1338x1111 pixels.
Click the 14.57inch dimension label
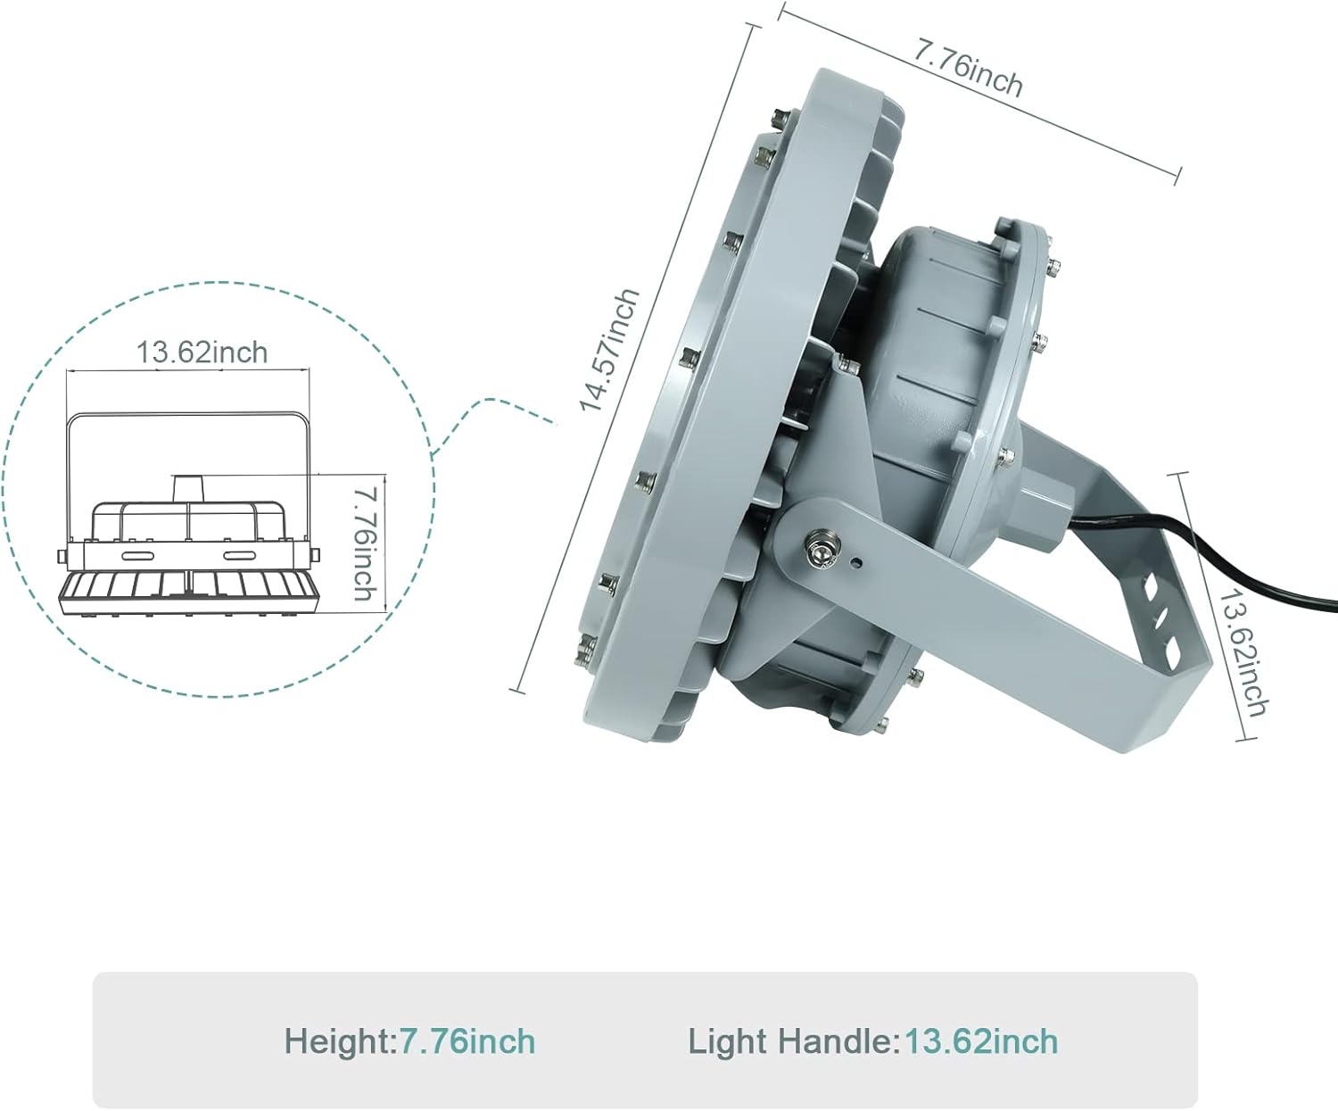point(610,350)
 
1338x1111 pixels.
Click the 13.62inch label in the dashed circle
point(202,352)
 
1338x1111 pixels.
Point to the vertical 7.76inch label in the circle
point(364,543)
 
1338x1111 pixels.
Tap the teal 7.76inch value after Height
point(467,1041)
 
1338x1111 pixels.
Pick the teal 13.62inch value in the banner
point(981,1041)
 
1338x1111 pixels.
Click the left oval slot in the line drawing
point(136,555)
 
